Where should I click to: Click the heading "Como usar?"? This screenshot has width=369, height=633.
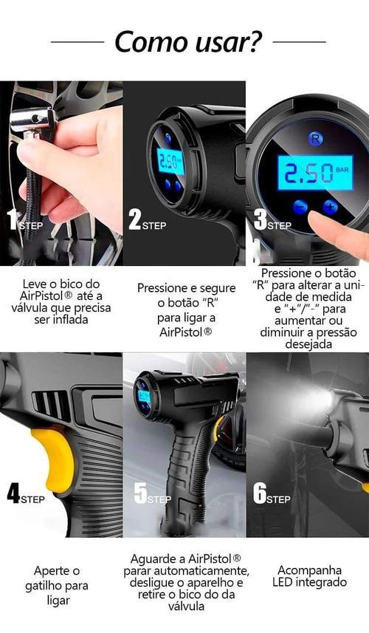pyautogui.click(x=188, y=41)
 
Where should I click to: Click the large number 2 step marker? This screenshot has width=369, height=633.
pyautogui.click(x=134, y=219)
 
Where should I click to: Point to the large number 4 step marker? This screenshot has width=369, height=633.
pyautogui.click(x=13, y=493)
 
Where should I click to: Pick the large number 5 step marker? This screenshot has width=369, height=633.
pyautogui.click(x=139, y=493)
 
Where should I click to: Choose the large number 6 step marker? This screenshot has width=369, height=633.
pyautogui.click(x=260, y=493)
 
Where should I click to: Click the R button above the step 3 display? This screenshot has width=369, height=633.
pyautogui.click(x=314, y=138)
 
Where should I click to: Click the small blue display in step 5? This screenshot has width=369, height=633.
pyautogui.click(x=143, y=396)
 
